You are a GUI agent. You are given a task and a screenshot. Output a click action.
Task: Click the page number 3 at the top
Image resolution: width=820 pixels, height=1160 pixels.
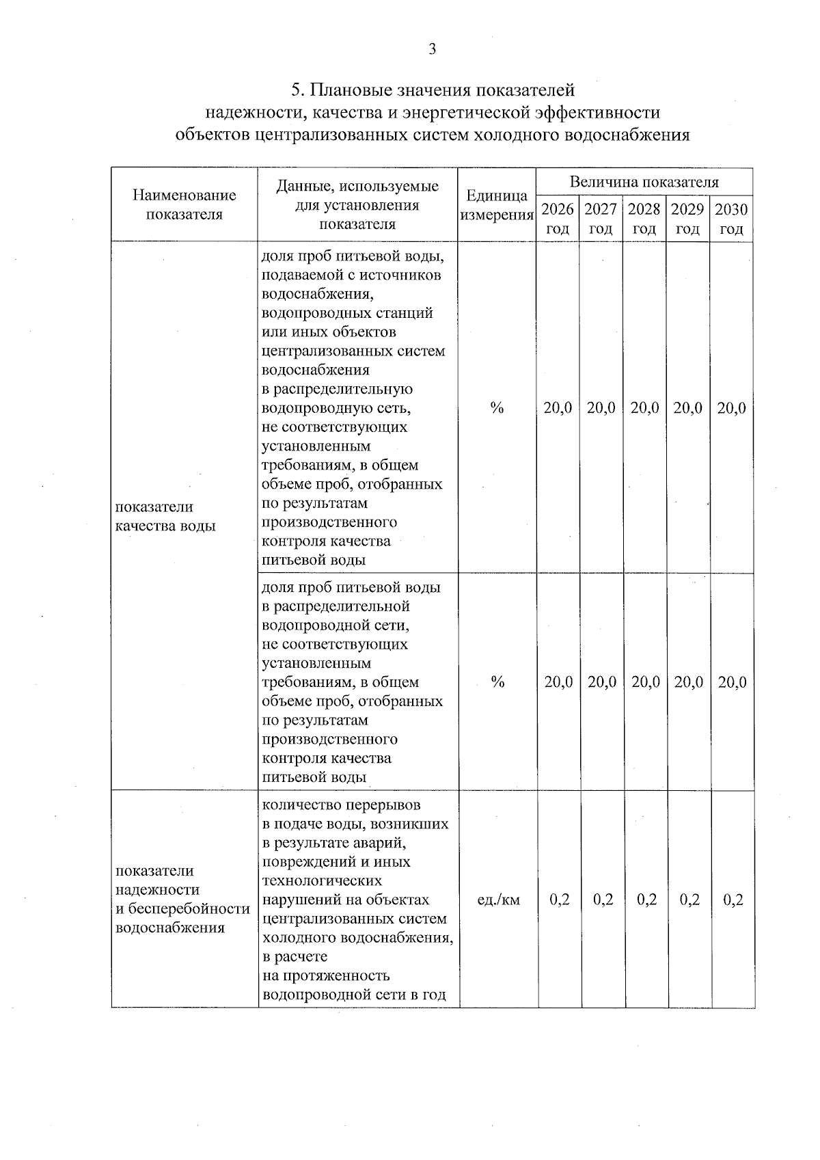432,49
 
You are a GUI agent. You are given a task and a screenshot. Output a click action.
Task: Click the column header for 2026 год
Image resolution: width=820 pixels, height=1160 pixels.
558,218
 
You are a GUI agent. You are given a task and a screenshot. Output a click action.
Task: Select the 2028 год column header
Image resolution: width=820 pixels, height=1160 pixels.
644,218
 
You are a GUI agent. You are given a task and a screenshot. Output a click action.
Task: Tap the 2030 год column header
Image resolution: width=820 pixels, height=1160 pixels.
731,218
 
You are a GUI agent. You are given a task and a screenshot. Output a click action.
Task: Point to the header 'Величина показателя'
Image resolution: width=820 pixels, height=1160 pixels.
644,182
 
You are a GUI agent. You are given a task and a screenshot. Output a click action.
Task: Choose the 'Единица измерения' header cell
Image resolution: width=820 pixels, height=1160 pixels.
497,205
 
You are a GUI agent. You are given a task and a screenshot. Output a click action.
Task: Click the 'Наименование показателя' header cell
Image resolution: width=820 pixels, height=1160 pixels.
184,204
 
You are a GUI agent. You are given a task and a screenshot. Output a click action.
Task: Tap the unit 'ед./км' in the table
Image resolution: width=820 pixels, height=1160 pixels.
498,900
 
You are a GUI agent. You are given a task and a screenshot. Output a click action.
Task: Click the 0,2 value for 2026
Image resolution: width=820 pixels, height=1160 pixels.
560,900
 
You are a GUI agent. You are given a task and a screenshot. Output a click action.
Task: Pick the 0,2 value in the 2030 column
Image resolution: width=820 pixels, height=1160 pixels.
733,900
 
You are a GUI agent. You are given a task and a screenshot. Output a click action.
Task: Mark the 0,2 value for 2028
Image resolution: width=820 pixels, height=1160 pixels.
646,900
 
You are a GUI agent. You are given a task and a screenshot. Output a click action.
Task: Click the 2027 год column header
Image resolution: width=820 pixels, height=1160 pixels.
601,218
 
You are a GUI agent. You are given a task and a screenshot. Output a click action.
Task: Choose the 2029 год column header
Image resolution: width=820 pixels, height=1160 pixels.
687,218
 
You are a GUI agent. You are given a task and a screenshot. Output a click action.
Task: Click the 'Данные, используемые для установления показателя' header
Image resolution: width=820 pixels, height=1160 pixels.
357,204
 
